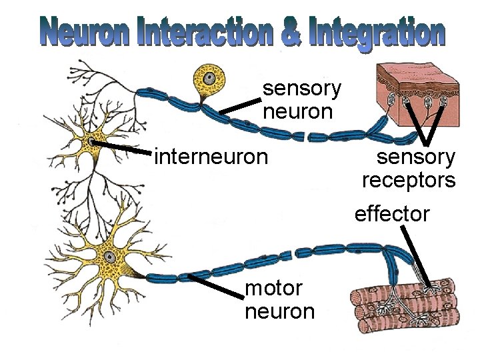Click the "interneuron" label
click(x=211, y=157)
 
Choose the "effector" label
click(x=392, y=214)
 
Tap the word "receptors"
click(x=409, y=180)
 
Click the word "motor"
click(x=273, y=289)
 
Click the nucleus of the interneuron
click(x=91, y=141)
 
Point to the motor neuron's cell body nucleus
click(x=107, y=257)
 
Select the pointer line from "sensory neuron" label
click(x=241, y=105)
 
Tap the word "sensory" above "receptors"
click(x=416, y=158)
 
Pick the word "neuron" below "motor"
click(x=279, y=311)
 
